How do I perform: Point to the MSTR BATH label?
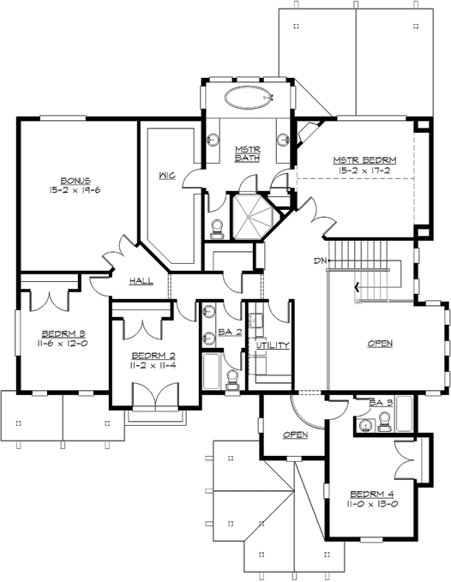[248, 153]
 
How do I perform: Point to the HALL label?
[141, 281]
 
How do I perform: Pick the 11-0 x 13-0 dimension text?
[373, 506]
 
